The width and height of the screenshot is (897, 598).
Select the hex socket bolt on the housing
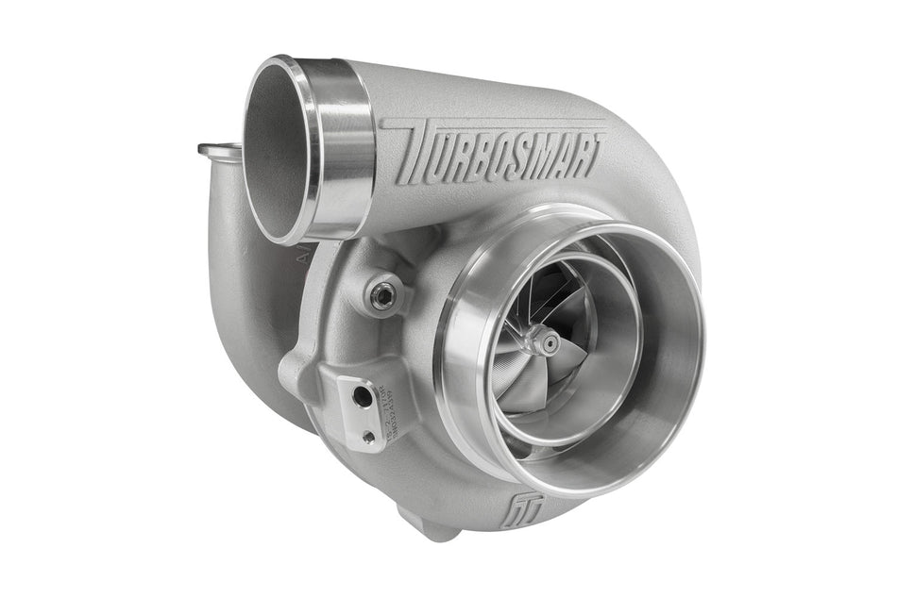382,296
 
